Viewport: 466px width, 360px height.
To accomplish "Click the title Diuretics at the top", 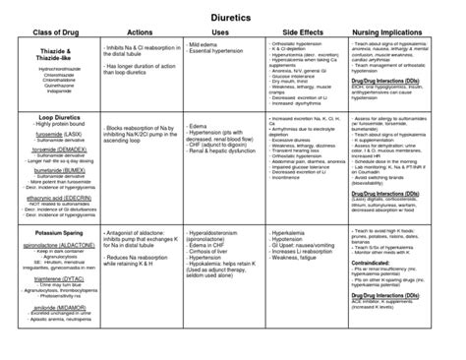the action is pos(233,19).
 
